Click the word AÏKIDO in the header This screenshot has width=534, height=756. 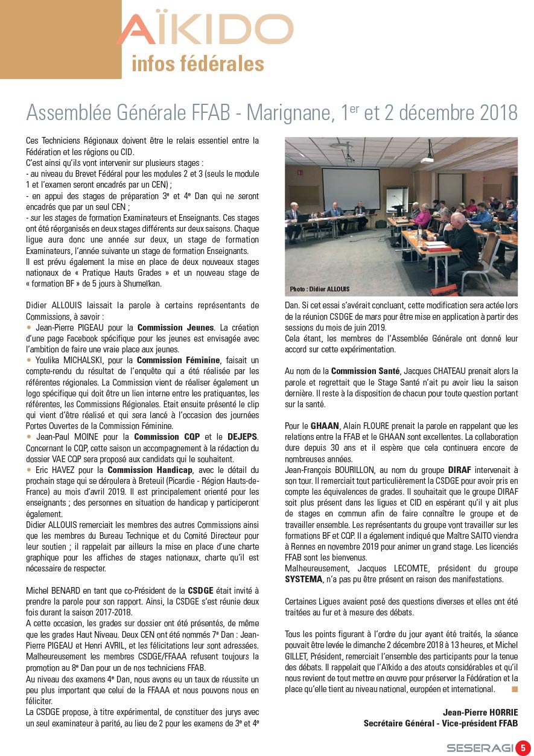tap(205, 30)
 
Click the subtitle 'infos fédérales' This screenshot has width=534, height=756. tap(197, 64)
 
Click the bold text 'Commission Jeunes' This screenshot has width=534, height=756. tap(176, 328)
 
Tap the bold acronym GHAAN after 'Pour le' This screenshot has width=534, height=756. tap(325, 426)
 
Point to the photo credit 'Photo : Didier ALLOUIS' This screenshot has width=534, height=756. tap(319, 289)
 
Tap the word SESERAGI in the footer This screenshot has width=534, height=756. tap(480, 748)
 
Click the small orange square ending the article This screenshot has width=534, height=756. tap(514, 688)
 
